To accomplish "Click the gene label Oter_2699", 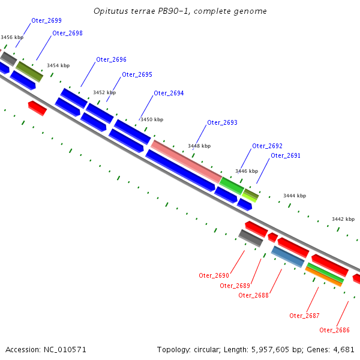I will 46,21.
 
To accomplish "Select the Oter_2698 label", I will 67,33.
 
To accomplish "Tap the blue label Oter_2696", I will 111,60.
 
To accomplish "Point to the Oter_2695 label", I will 137,75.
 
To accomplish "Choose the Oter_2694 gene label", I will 169,94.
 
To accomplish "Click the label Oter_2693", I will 222,123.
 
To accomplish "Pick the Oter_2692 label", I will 267,146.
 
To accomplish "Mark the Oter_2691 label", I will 286,156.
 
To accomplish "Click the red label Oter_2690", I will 214,275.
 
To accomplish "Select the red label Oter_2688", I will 253,295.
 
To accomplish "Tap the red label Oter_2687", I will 304,316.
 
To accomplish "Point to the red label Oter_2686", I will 334,330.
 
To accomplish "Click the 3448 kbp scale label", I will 199,146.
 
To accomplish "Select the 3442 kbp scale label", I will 343,219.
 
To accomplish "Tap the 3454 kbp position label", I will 58,65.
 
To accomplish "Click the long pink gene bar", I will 186,161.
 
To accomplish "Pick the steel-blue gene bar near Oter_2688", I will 287,256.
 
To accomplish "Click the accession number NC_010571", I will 65,349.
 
